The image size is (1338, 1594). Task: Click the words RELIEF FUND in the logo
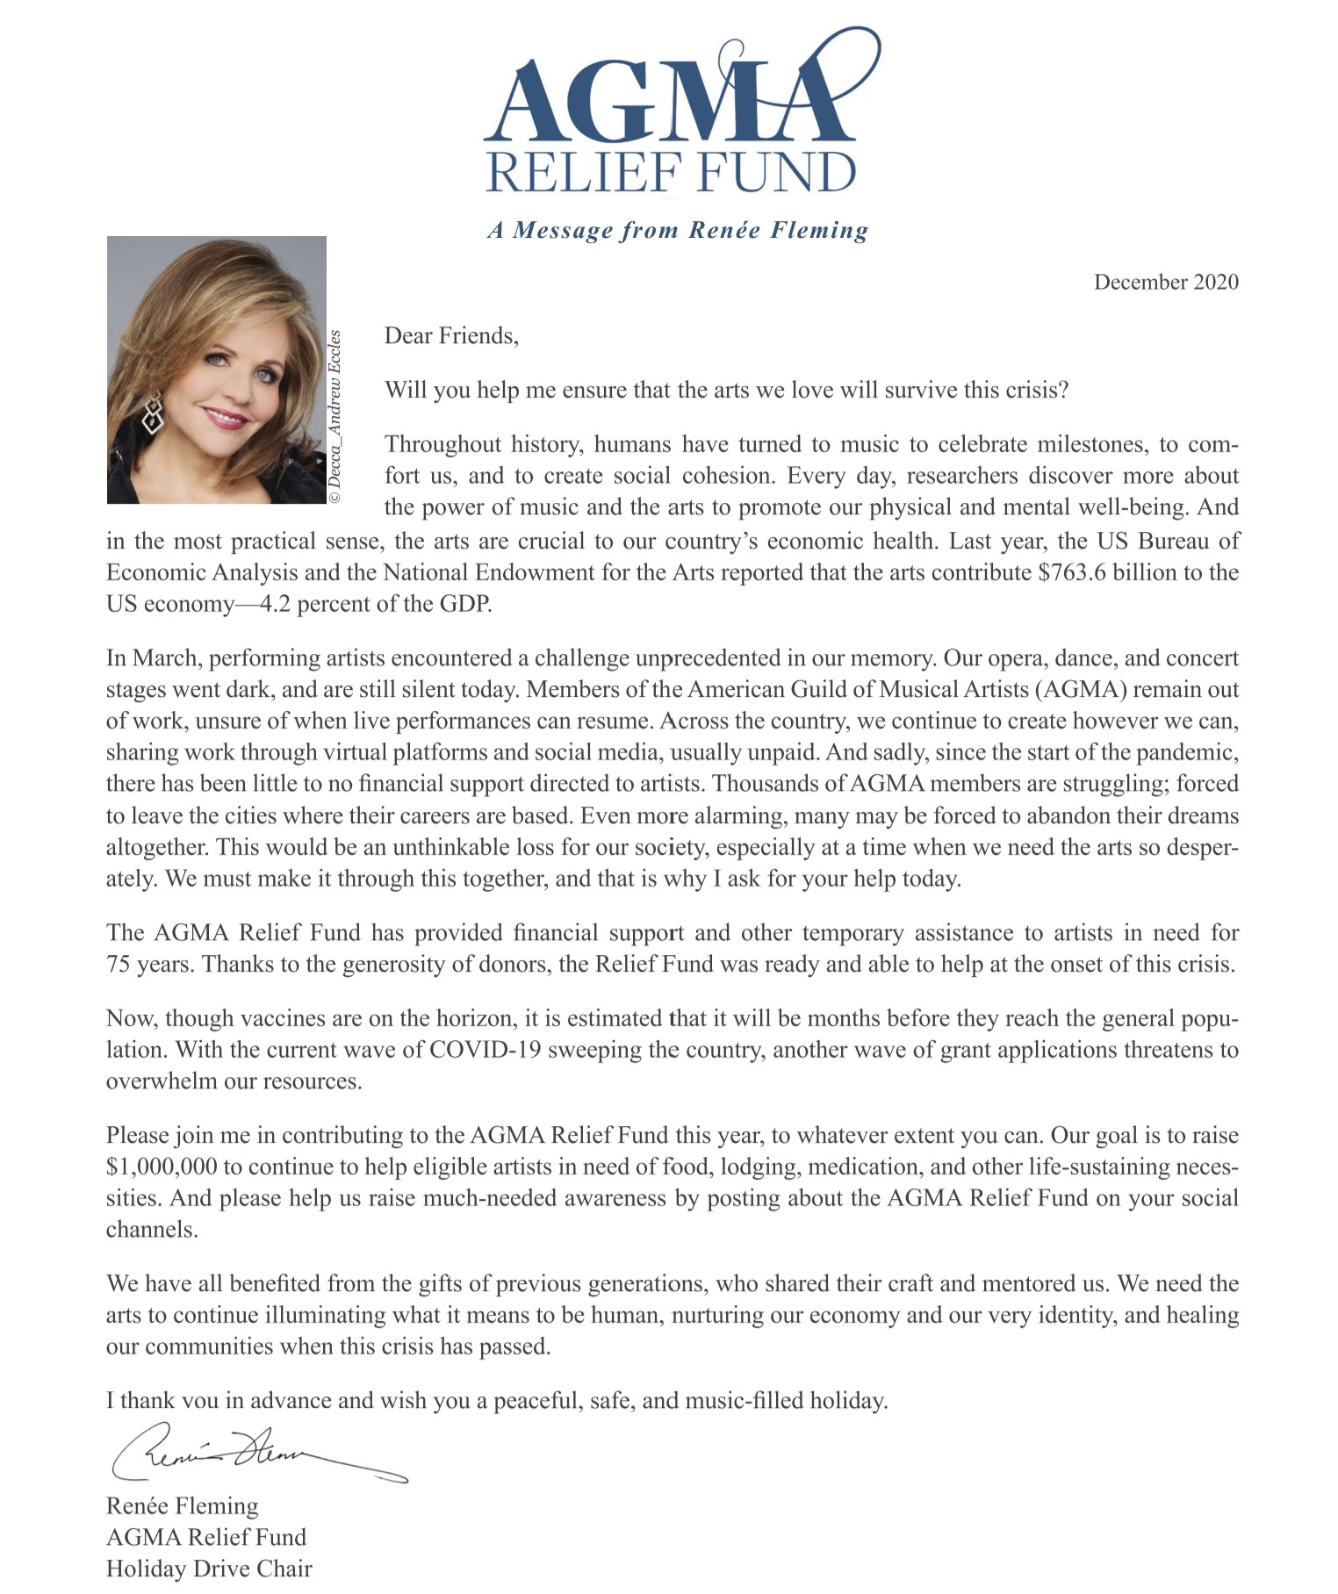[x=671, y=172]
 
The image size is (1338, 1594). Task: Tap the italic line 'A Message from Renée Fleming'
[x=678, y=230]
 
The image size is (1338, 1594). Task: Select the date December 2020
[x=1166, y=282]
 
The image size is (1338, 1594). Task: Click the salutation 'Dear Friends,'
[x=451, y=335]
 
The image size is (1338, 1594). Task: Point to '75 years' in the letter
[x=146, y=964]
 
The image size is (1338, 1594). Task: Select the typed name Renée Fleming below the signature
[x=183, y=1506]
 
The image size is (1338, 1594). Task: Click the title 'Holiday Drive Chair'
[x=209, y=1569]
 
